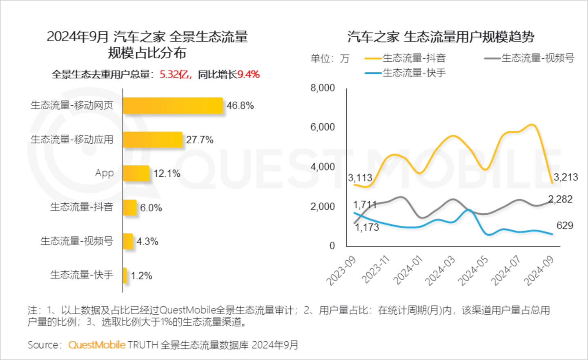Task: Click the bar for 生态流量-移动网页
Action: click(173, 106)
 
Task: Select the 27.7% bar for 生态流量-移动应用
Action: click(152, 140)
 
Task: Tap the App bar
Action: click(136, 173)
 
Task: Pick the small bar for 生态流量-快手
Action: click(125, 276)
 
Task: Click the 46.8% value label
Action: click(240, 106)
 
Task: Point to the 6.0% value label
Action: click(151, 208)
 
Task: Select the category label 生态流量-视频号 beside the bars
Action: click(77, 241)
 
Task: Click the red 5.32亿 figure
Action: click(174, 74)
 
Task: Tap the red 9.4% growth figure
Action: click(248, 74)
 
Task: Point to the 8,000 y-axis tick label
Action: click(322, 88)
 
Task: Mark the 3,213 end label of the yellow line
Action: click(566, 177)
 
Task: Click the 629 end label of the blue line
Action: click(565, 226)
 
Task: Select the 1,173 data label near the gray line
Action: click(367, 228)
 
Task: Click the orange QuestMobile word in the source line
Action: click(96, 345)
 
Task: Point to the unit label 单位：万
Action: click(330, 59)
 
